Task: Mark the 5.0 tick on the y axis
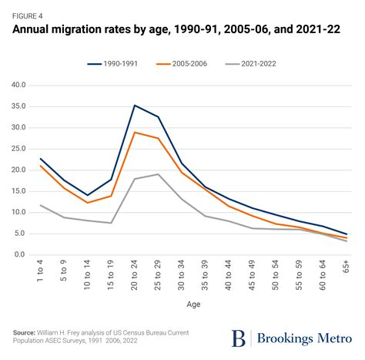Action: (x=20, y=234)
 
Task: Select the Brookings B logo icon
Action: (x=239, y=338)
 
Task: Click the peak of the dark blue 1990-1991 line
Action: (x=136, y=105)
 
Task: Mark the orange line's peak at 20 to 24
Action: (x=136, y=132)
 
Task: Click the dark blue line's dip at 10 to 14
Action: (x=88, y=195)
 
